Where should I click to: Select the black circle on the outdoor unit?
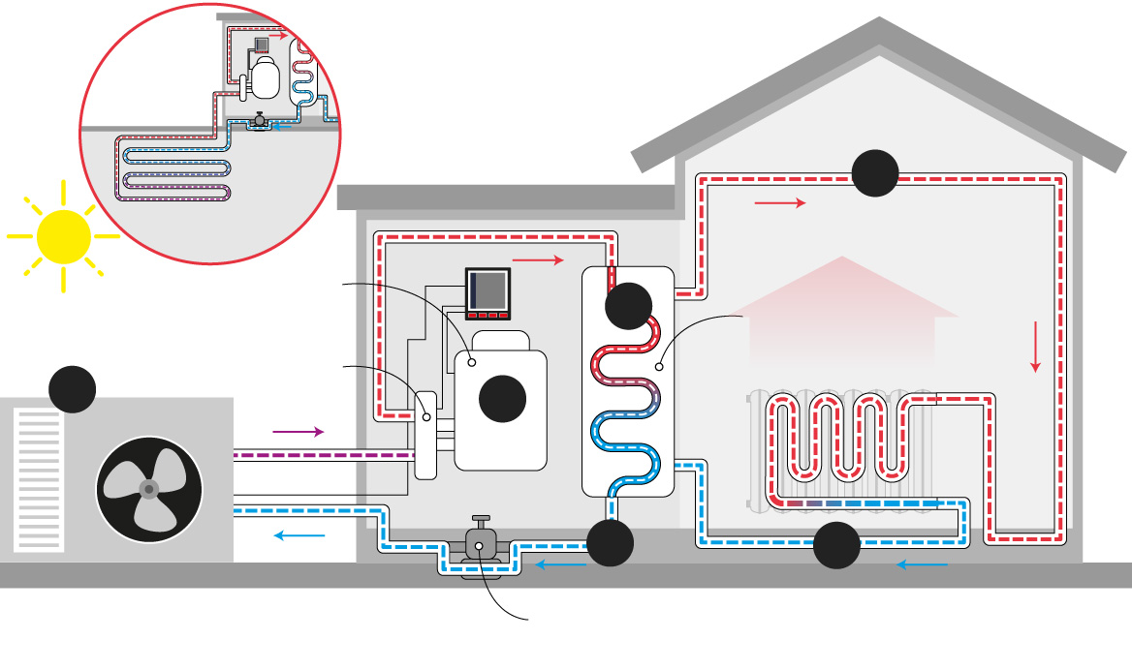click(73, 389)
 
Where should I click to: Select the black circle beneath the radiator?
click(836, 546)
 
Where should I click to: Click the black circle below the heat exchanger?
click(611, 542)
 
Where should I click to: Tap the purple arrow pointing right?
click(299, 431)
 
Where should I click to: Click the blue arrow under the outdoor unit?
click(299, 534)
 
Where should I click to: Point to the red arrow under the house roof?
click(780, 202)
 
